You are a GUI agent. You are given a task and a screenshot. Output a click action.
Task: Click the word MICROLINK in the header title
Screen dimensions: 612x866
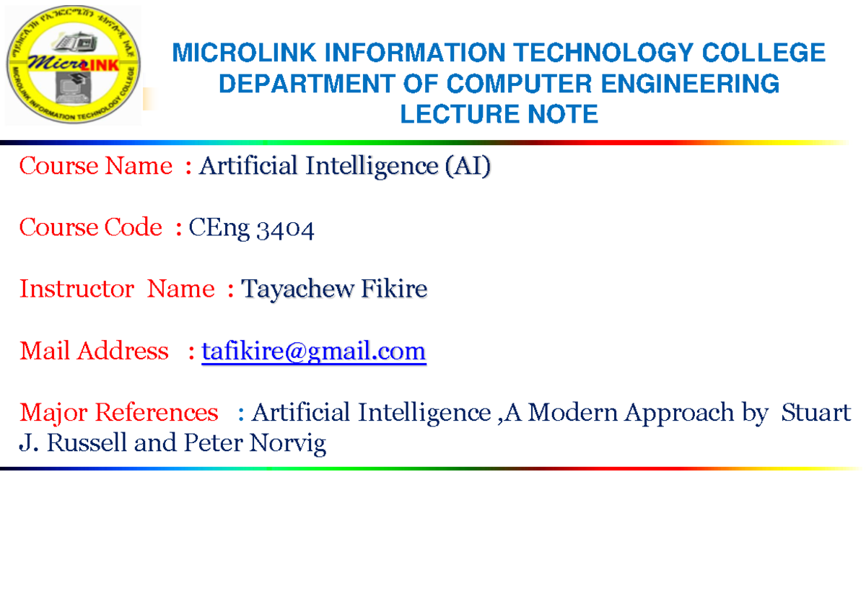click(242, 53)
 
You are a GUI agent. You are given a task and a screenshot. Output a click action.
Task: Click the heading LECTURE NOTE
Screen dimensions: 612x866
click(499, 114)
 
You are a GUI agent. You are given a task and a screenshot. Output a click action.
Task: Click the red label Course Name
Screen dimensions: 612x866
click(96, 167)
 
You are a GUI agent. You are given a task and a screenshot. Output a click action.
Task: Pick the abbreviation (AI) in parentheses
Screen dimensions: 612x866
click(467, 167)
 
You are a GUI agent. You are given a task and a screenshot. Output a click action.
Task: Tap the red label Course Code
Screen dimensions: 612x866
click(91, 228)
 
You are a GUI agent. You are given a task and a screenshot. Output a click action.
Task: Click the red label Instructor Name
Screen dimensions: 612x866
click(117, 289)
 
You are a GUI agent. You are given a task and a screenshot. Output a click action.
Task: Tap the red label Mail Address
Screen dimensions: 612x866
click(94, 351)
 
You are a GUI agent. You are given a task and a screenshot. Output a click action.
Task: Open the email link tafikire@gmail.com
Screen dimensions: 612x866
click(314, 352)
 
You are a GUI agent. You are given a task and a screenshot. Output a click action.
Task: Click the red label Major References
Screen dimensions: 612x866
click(119, 413)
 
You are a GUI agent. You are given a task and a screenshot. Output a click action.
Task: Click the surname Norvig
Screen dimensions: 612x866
click(287, 443)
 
